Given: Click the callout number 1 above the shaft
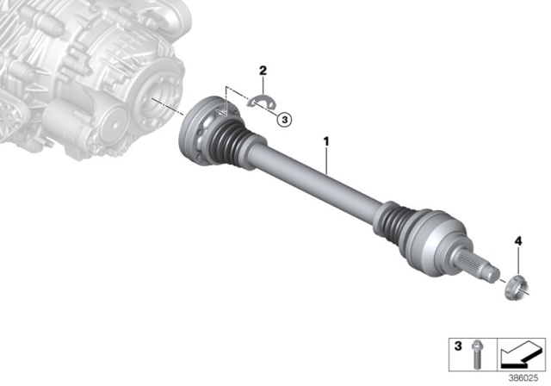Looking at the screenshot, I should (x=326, y=138).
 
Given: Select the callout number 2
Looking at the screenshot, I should (x=263, y=68).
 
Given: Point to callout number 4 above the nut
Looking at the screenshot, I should (x=517, y=241).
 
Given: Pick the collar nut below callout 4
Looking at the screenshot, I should (x=515, y=284).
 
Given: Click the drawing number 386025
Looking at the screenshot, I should (x=525, y=376).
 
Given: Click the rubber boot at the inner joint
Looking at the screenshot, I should (x=231, y=142).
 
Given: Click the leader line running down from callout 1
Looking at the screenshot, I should (x=326, y=159).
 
